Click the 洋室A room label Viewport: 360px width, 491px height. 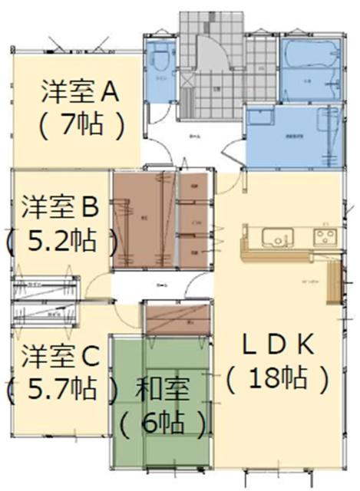[79, 93]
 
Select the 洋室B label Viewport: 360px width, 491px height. [59, 208]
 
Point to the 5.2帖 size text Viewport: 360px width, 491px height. [61, 242]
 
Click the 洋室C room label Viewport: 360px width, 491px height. [60, 357]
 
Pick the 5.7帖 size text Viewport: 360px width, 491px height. [61, 390]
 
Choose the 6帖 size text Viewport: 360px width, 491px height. [163, 420]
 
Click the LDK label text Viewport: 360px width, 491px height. [278, 345]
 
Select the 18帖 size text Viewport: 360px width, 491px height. [278, 377]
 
